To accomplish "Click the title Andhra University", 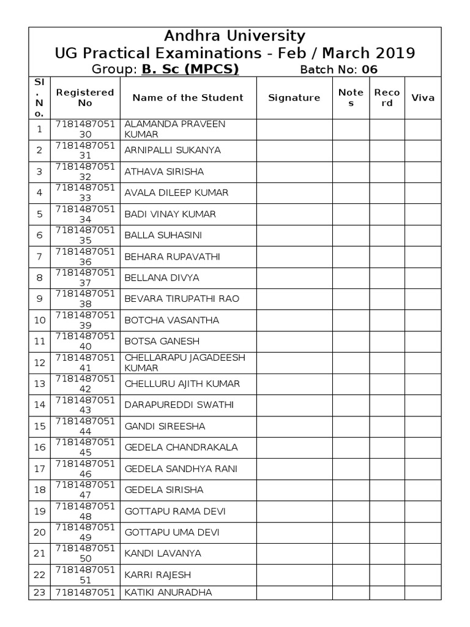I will tap(235, 36).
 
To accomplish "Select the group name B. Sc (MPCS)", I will tap(190, 69).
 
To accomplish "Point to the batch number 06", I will tap(370, 69).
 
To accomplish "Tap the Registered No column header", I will tap(85, 97).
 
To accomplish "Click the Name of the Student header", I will tap(188, 97).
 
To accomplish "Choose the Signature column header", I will tap(294, 97).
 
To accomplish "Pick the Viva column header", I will tap(423, 97).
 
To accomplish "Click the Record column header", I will tap(387, 97).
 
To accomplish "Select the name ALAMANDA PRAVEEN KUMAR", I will tap(175, 129).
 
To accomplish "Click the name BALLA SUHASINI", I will tap(163, 235).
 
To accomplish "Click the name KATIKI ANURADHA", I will tap(168, 592).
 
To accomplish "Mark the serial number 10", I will tap(39, 320).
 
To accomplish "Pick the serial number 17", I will tap(39, 469).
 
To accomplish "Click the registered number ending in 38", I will tap(85, 299).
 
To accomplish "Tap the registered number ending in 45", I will tap(85, 448).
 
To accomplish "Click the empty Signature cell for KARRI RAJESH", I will tap(294, 575).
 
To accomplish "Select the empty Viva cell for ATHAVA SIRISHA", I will tap(423, 171).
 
